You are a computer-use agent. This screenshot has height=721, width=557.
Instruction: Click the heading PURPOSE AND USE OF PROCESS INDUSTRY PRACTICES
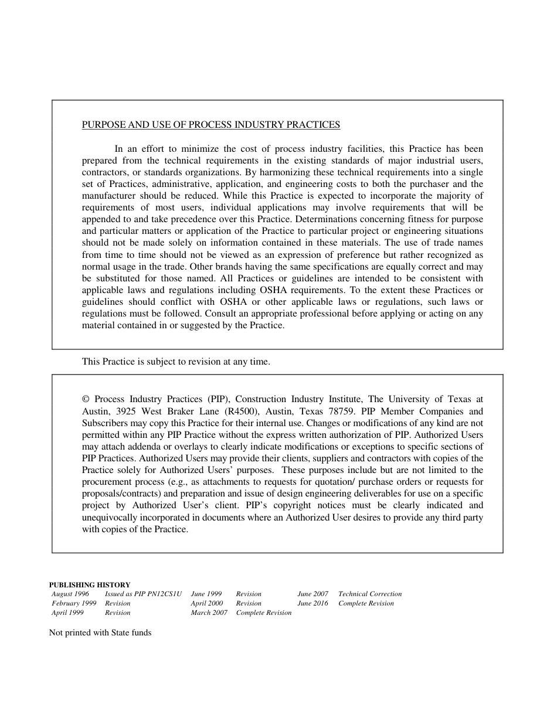(x=210, y=125)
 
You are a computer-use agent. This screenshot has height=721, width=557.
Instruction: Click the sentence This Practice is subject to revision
(x=176, y=362)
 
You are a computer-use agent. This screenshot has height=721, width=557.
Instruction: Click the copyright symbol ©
(x=86, y=400)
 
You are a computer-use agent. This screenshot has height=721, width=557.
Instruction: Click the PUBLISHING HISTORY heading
(x=90, y=584)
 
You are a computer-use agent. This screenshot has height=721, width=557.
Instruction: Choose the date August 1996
(x=70, y=594)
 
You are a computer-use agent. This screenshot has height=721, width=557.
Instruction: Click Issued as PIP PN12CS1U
(x=144, y=594)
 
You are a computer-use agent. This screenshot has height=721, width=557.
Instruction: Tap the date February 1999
(x=74, y=603)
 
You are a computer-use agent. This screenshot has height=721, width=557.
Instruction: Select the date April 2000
(x=207, y=603)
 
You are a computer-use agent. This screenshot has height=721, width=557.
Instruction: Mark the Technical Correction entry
(x=370, y=594)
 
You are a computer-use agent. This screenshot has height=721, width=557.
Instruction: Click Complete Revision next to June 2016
(x=366, y=603)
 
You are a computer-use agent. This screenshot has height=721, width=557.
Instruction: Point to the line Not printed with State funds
(x=100, y=632)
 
